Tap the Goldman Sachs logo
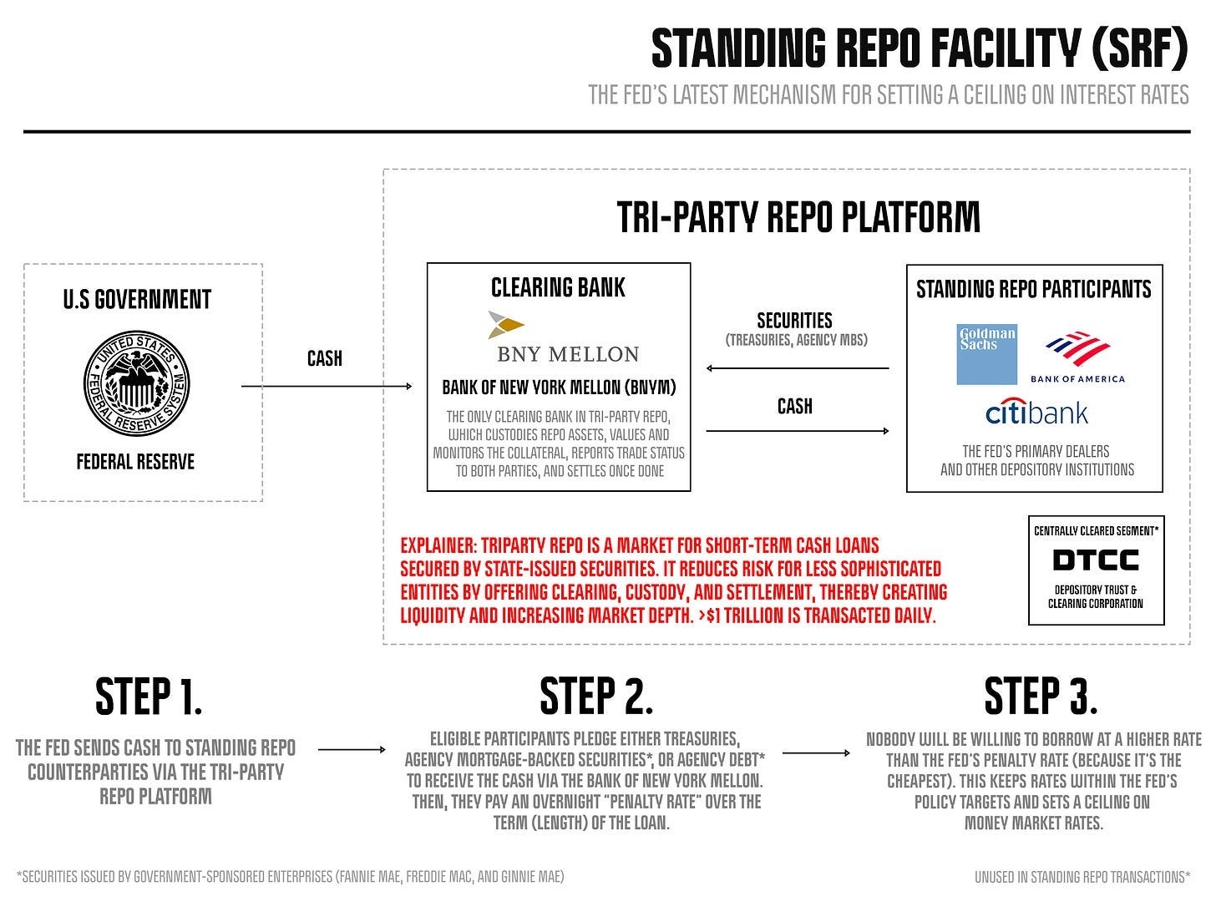(987, 354)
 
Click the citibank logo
(1036, 413)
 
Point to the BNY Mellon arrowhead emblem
(506, 324)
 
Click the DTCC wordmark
(1096, 560)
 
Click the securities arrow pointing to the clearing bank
(797, 368)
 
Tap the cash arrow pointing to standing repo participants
(797, 431)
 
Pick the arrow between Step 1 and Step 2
(351, 750)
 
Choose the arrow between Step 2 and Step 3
(816, 753)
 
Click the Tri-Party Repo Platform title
(798, 216)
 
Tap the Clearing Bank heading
(558, 288)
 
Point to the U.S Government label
(137, 299)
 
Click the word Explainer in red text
(438, 546)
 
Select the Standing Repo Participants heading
(1034, 289)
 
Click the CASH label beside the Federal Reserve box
(325, 358)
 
